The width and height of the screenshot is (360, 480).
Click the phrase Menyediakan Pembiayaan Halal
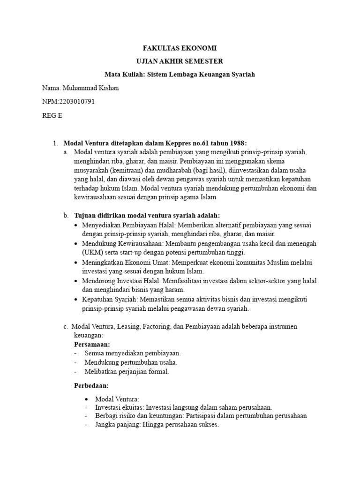click(x=120, y=225)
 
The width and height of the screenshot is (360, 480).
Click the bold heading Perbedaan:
click(x=91, y=385)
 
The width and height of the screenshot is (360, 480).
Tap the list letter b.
click(x=66, y=215)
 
